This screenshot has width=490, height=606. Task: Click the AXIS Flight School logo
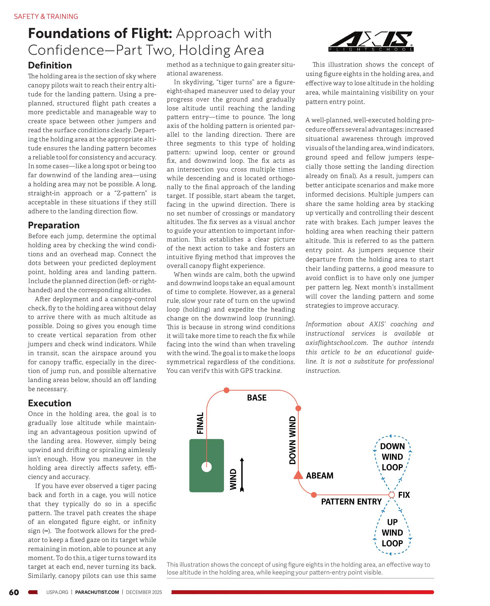click(371, 41)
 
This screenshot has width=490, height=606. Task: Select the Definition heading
click(50, 66)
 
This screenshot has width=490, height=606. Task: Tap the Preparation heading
click(54, 225)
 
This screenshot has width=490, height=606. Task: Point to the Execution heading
click(50, 403)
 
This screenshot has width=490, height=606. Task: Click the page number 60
click(14, 592)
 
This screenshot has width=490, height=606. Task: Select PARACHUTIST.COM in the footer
click(97, 592)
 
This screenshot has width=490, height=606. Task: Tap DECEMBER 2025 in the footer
click(144, 592)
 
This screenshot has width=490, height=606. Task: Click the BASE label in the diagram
click(256, 398)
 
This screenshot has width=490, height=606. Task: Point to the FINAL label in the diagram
click(200, 423)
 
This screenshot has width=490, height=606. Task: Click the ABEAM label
click(319, 476)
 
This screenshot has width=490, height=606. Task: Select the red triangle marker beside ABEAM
click(298, 476)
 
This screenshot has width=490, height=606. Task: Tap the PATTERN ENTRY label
click(351, 502)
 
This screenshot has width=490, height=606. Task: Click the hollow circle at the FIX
click(391, 495)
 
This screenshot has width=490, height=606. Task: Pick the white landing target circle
click(207, 467)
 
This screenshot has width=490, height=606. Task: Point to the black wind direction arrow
click(242, 475)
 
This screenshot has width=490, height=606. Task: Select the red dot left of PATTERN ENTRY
click(314, 495)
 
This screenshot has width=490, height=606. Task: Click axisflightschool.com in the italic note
click(336, 343)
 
